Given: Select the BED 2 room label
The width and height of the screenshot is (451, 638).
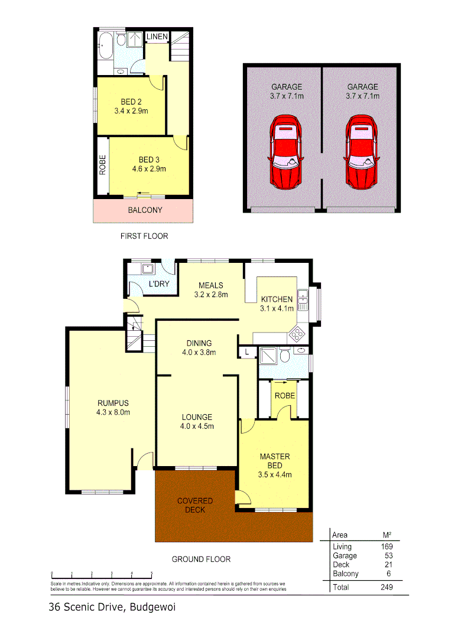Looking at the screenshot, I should point(130,102).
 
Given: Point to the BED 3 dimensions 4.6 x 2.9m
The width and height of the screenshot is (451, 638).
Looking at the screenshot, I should point(149,168).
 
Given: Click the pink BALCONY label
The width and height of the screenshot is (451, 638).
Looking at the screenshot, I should point(145,210).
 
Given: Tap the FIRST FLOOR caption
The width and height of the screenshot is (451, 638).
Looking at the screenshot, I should point(144,236).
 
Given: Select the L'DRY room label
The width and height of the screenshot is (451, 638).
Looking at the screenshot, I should point(158,284).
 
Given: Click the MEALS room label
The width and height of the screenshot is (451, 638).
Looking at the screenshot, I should point(211,285).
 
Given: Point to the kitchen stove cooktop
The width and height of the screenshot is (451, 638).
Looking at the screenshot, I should point(297,335).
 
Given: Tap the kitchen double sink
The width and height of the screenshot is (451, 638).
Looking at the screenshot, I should point(303,300).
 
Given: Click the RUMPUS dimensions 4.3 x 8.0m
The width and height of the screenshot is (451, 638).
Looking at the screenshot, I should point(113,412).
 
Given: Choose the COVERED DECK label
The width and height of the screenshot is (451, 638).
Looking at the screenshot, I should point(194,505).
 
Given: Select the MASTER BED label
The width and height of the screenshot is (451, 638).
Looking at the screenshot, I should point(275,461).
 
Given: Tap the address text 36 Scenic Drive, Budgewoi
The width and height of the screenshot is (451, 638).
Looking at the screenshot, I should point(113,607).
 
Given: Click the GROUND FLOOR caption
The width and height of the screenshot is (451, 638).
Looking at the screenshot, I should point(201,559).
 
